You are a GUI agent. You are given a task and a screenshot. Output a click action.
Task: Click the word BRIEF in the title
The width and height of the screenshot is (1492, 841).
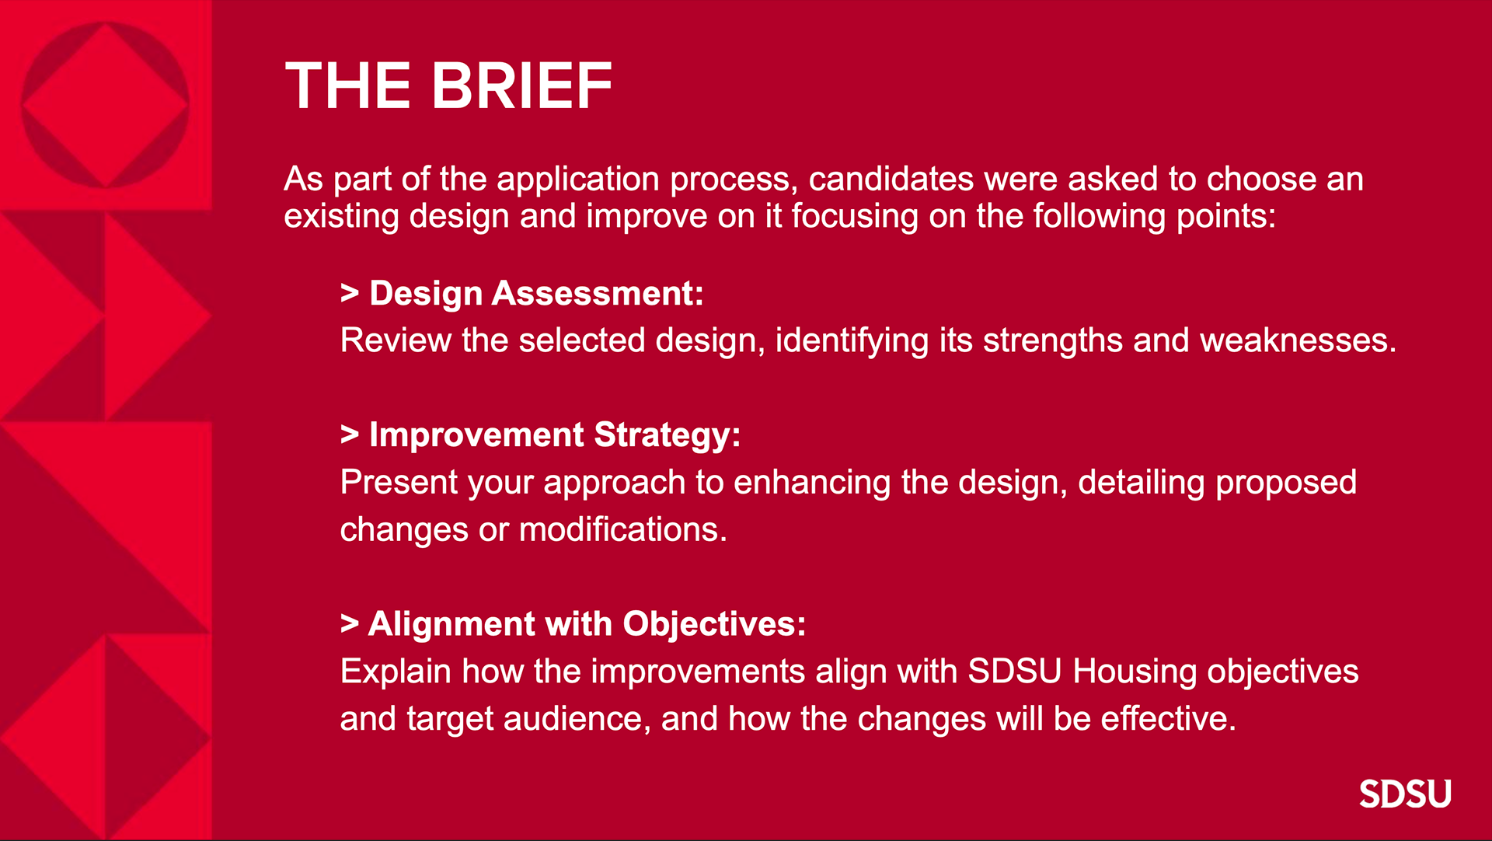point(521,86)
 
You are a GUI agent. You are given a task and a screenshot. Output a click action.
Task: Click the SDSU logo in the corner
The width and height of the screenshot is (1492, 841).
point(1405,794)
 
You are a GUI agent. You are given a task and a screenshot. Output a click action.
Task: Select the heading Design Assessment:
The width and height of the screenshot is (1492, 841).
point(536,294)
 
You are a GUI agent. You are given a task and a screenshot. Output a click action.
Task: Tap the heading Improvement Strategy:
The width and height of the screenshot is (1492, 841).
point(555,435)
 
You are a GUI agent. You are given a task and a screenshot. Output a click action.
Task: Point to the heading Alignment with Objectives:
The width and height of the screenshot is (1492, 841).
point(587,624)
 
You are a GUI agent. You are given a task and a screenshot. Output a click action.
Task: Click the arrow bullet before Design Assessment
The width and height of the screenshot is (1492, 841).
point(350,294)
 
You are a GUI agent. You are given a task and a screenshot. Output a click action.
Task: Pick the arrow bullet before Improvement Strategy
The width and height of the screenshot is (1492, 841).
point(350,435)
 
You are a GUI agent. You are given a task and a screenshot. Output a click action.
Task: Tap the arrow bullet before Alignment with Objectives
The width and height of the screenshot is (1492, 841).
point(350,624)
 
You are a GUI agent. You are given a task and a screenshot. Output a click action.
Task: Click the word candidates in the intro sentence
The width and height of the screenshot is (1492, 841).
point(891,180)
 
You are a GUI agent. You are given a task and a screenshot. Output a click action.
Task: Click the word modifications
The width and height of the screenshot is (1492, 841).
point(622,530)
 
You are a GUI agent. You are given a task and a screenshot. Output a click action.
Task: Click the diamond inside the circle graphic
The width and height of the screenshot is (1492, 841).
point(105,105)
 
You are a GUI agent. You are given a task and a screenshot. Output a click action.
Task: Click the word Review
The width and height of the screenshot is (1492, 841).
point(396,340)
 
